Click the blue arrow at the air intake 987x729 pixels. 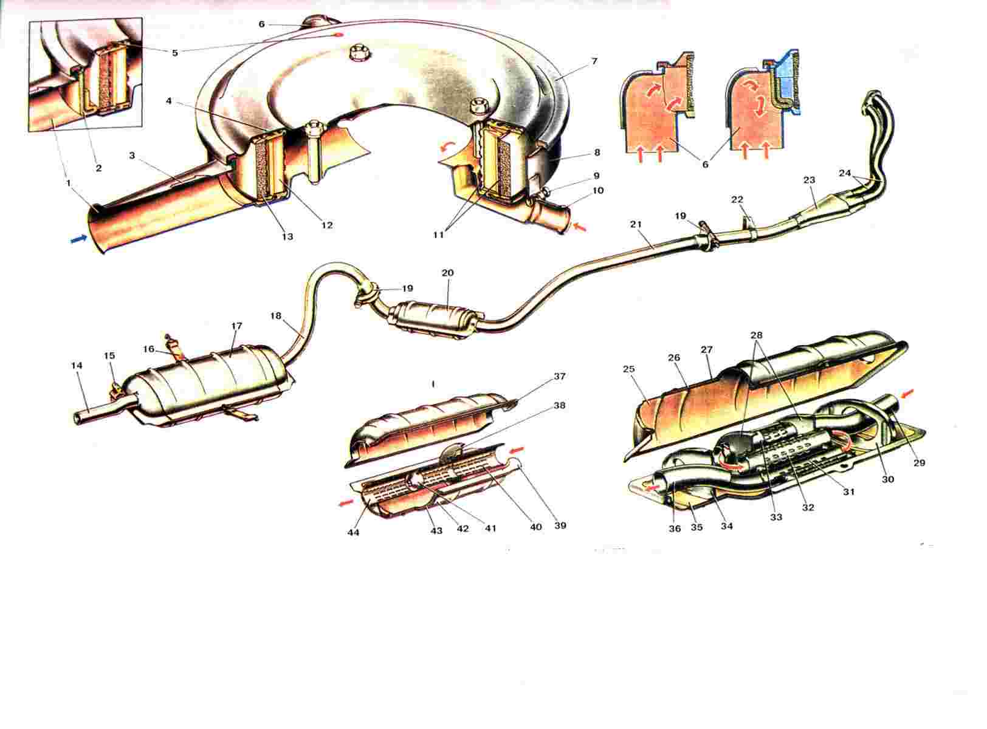point(80,240)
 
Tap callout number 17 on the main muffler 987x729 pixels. point(236,326)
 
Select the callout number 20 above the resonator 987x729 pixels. point(448,272)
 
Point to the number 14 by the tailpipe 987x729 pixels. point(77,365)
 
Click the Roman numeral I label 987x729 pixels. point(433,383)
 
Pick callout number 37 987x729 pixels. point(559,376)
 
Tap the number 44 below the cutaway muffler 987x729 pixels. point(354,532)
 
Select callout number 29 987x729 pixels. point(919,462)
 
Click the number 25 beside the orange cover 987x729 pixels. point(629,369)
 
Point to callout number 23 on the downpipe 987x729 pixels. point(809,180)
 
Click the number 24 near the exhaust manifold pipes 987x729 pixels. point(845,173)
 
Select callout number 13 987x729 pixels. point(287,236)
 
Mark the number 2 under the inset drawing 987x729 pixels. point(98,168)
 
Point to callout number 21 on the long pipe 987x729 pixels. point(636,225)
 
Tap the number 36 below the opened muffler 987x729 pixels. point(675,529)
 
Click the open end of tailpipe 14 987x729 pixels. point(77,418)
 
